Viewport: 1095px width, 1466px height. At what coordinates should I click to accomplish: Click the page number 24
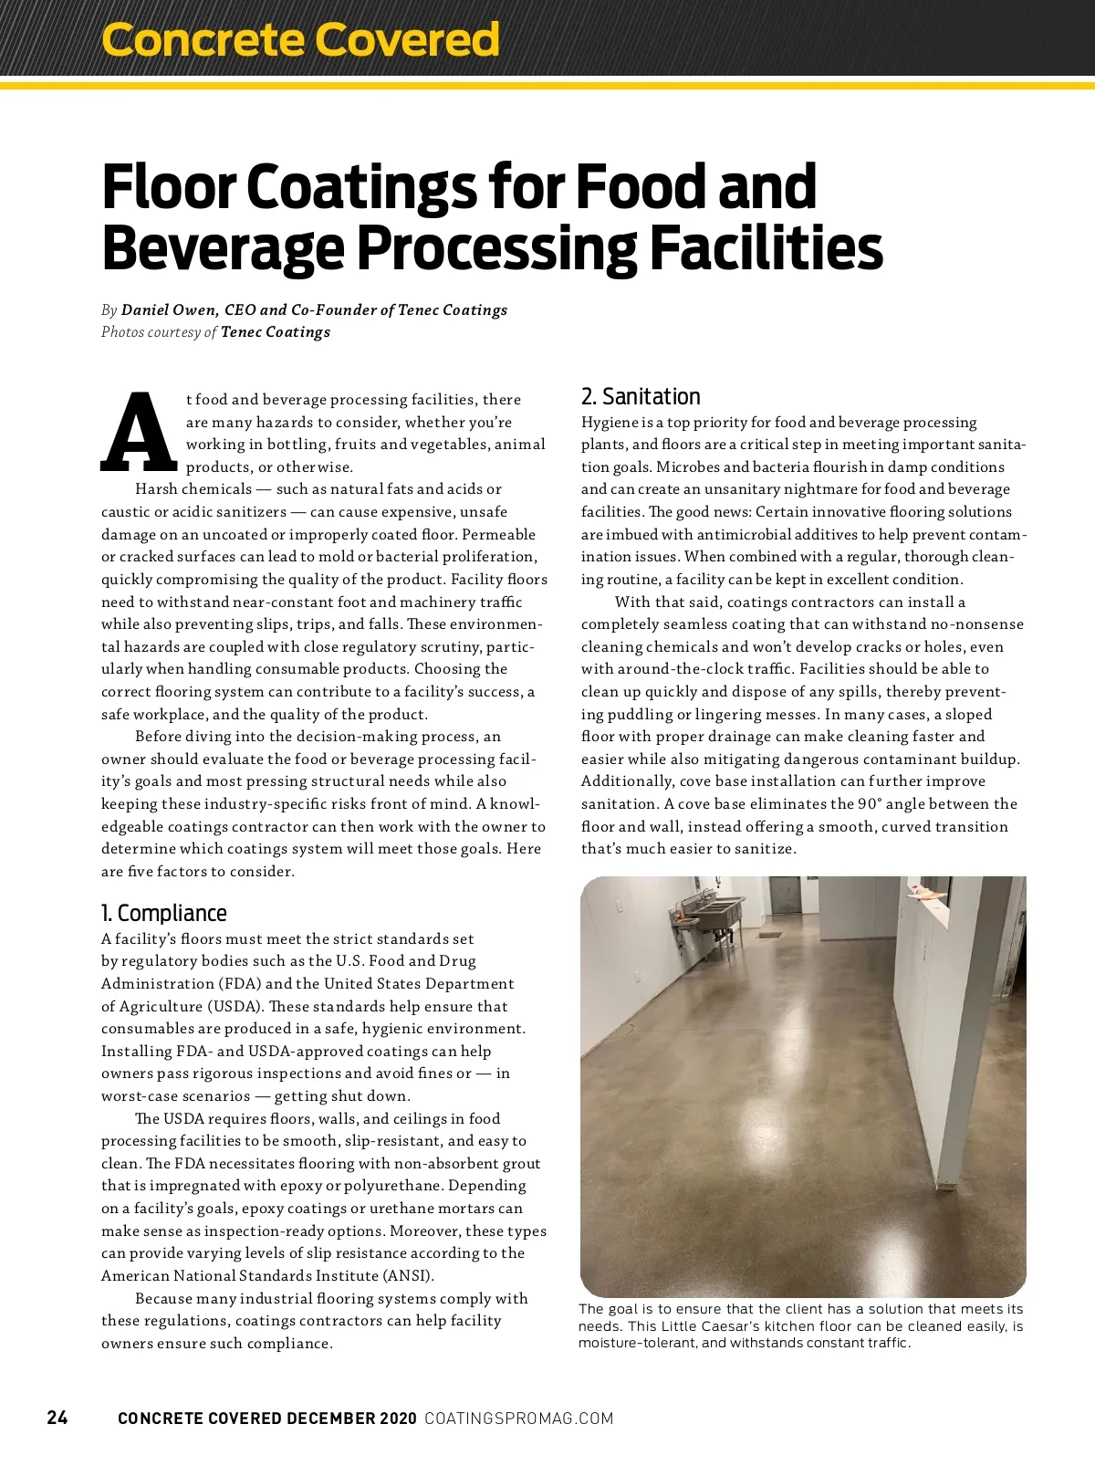coord(57,1418)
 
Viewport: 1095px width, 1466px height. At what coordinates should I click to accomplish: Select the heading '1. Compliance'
coord(164,913)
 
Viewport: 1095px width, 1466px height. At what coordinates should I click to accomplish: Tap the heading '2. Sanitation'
coord(641,396)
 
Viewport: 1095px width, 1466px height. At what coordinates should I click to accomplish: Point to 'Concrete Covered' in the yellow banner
coord(301,39)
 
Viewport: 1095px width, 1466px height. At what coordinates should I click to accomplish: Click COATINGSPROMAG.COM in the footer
coord(519,1419)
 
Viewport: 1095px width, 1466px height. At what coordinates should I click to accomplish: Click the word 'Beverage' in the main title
coord(223,247)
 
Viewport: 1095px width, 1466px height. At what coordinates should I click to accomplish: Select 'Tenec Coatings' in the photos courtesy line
coord(276,332)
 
